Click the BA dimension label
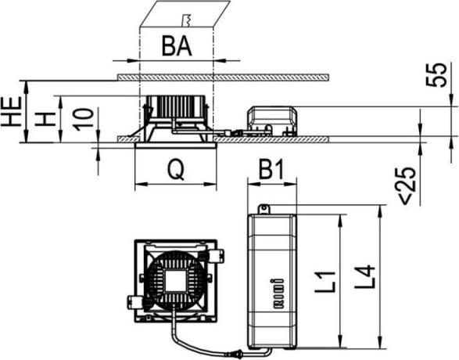[x=177, y=46]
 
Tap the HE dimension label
[x=12, y=111]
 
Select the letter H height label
[x=45, y=119]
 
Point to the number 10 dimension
[x=84, y=120]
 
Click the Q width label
[x=176, y=170]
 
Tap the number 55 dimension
[x=436, y=75]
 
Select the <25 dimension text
[x=408, y=186]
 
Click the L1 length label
[x=325, y=282]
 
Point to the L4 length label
[x=364, y=276]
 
